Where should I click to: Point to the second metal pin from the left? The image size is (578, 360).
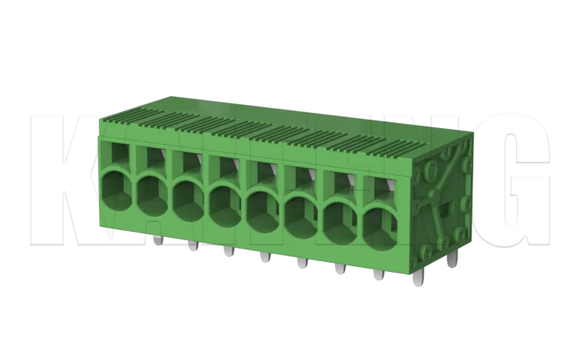pyautogui.click(x=192, y=246)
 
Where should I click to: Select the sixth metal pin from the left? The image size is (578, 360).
pyautogui.click(x=340, y=269)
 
